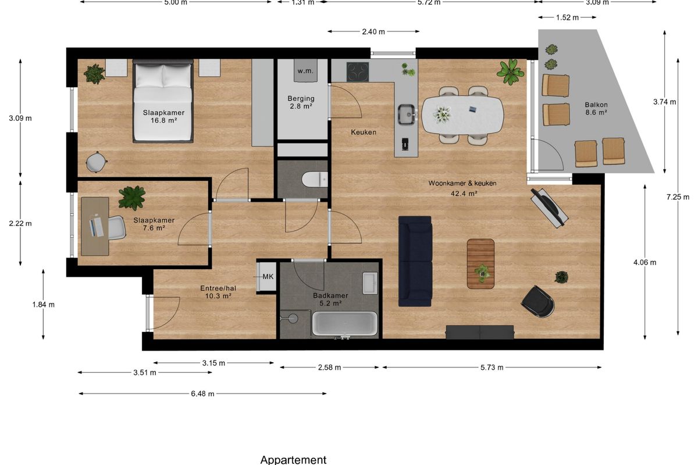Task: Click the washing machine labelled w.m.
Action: pyautogui.click(x=305, y=71)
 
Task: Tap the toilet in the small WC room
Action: pyautogui.click(x=315, y=180)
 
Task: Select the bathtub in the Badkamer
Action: pyautogui.click(x=344, y=323)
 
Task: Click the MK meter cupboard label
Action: pyautogui.click(x=268, y=277)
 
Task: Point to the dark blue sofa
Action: pyautogui.click(x=415, y=262)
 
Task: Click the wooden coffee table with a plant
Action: pyautogui.click(x=480, y=264)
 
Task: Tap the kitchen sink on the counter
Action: pyautogui.click(x=407, y=115)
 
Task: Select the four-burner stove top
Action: pyautogui.click(x=358, y=71)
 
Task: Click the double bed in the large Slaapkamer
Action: pyautogui.click(x=163, y=101)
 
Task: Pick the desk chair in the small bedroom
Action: pyautogui.click(x=117, y=228)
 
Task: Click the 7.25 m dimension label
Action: pyautogui.click(x=678, y=197)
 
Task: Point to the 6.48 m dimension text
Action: pyautogui.click(x=202, y=394)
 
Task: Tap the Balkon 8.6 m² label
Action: pyautogui.click(x=596, y=108)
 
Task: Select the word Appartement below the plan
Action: pyautogui.click(x=293, y=459)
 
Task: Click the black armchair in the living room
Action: pyautogui.click(x=538, y=302)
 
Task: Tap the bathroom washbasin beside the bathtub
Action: pyautogui.click(x=370, y=283)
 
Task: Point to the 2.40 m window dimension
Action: pyautogui.click(x=373, y=31)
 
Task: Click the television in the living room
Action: pyautogui.click(x=549, y=208)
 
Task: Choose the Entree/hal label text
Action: pyautogui.click(x=218, y=288)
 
